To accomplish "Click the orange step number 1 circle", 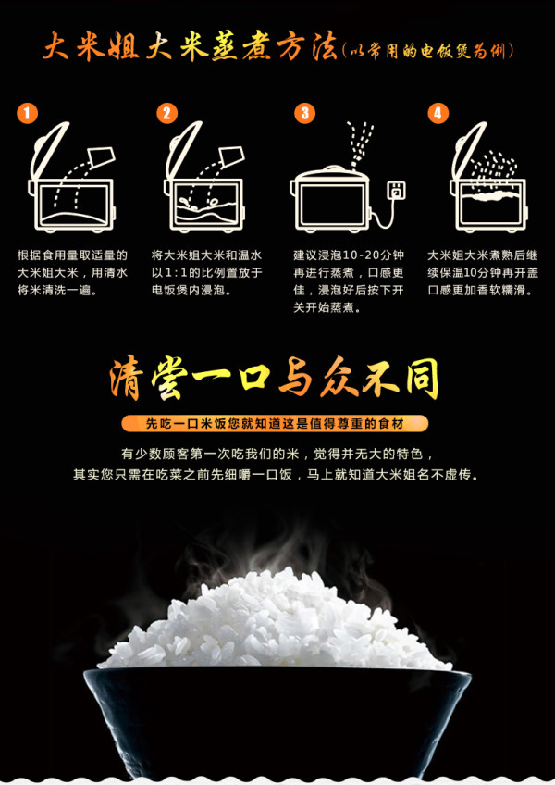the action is click(27, 113).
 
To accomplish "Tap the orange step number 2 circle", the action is click(166, 113).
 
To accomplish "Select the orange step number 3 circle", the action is click(304, 113).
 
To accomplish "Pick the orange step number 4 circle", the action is click(438, 113).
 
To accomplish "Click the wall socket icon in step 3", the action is click(396, 191).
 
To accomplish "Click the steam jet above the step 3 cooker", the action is click(362, 143).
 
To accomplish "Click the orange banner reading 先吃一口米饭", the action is click(275, 424).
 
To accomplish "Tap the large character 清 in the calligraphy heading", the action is click(127, 378).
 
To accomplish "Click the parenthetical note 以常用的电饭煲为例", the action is click(427, 51).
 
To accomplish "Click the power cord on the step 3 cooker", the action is click(383, 216).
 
